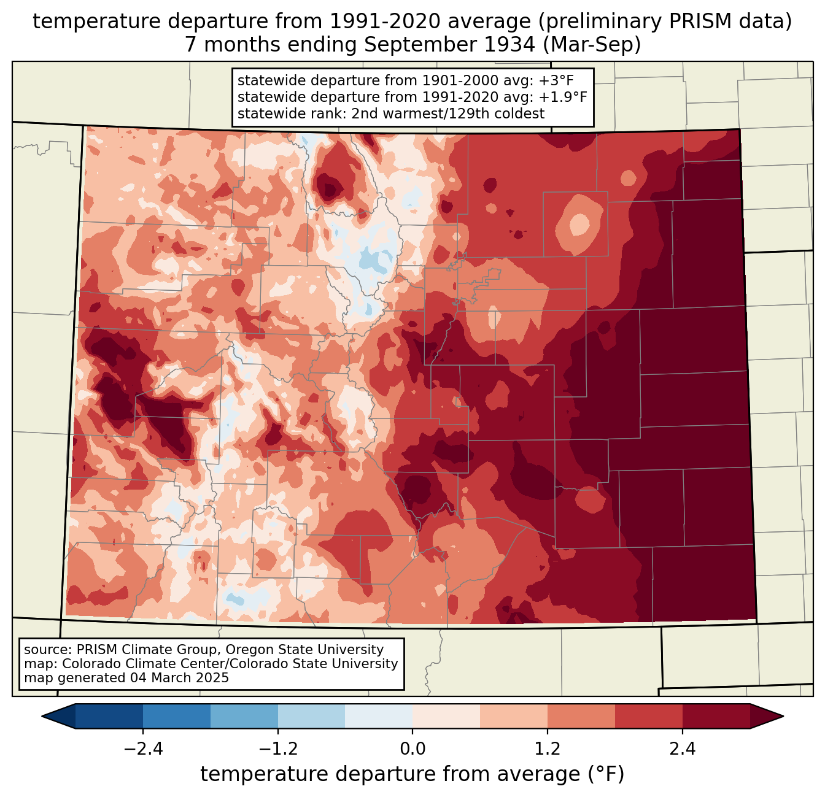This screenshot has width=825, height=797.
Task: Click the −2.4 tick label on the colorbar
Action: coord(143,749)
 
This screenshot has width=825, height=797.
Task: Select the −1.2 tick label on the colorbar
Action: coord(278,749)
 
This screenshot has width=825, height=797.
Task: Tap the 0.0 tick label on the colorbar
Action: coord(412,749)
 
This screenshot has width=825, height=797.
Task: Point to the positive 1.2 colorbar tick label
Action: coord(548,749)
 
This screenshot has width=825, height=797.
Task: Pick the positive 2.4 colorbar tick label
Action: coord(682,749)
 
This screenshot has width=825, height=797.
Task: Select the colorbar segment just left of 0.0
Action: coord(379,716)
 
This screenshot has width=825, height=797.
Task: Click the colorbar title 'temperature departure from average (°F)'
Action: coord(412,774)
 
